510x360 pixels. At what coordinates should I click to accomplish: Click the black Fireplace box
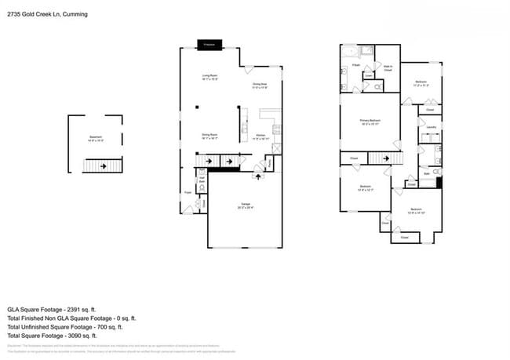[x=209, y=45]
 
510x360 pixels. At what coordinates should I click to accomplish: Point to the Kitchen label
[x=260, y=136]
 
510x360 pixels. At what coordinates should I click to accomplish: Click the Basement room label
[x=94, y=140]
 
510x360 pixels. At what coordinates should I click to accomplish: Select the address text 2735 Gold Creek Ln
[x=36, y=14]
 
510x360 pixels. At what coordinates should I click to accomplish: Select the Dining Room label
[x=209, y=136]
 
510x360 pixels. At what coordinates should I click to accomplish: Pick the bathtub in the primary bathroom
[x=356, y=53]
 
